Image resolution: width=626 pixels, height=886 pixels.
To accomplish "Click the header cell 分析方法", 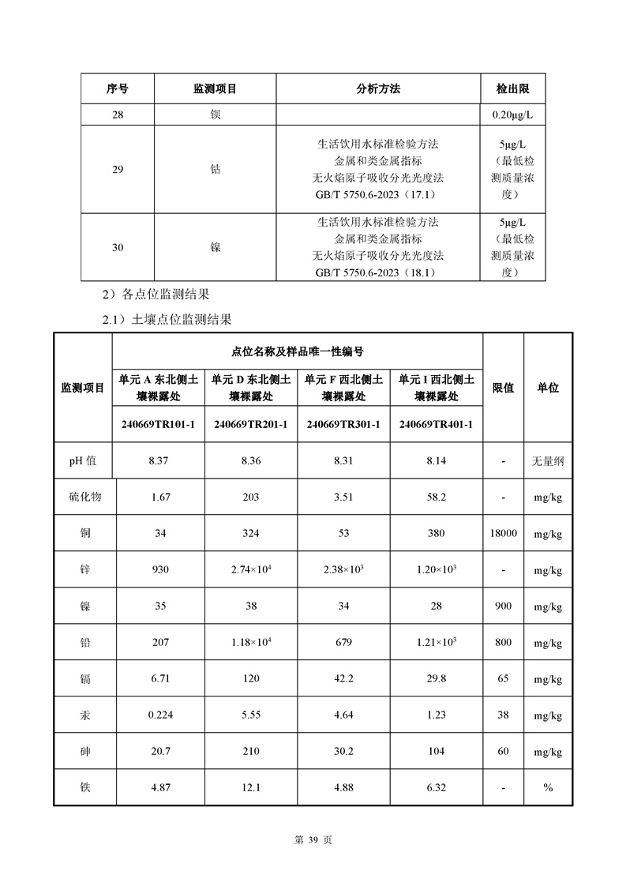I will coord(378,89).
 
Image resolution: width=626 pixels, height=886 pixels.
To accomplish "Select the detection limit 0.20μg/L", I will coord(513,115).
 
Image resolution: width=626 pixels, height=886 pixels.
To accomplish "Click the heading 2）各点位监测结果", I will coord(156,295).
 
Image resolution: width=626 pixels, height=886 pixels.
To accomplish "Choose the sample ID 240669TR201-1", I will coord(251,424).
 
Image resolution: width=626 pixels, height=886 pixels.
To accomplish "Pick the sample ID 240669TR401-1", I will coord(436,424).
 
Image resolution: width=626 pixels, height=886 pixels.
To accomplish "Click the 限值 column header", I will coord(503,388).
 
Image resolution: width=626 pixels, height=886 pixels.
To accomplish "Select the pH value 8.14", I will coord(436,460).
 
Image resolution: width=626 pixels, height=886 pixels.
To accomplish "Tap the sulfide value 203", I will coord(251,497).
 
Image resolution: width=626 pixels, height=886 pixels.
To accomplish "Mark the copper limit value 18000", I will coord(503,533).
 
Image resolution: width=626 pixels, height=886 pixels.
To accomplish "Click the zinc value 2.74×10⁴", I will coord(251,569).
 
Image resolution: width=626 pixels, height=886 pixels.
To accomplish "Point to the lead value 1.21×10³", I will coord(436,642).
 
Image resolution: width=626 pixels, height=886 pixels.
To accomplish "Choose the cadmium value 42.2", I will coord(343,678).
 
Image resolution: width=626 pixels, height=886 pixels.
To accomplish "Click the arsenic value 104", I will coord(436,751).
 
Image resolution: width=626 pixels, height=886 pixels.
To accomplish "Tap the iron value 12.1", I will coord(251,787).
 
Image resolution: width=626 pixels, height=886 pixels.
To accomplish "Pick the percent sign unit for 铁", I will coord(548,787).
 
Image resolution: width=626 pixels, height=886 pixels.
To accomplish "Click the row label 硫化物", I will coord(85,497).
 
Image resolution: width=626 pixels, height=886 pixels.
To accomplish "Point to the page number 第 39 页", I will coord(313,840).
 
